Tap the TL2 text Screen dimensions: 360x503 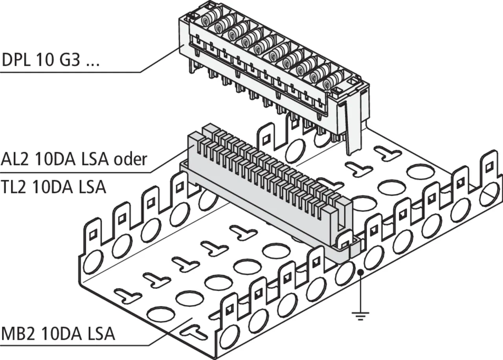point(16,187)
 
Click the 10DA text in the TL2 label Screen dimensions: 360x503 point(55,187)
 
